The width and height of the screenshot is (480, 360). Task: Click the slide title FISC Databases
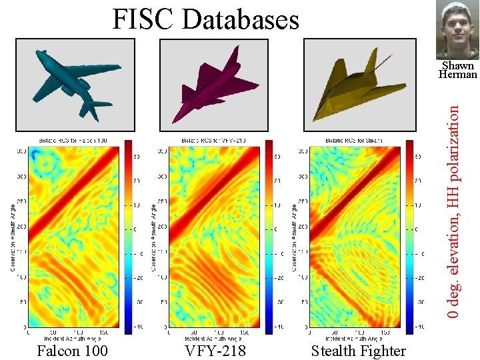click(205, 19)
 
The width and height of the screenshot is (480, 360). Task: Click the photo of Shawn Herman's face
click(457, 30)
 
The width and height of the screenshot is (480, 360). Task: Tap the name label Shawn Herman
click(457, 70)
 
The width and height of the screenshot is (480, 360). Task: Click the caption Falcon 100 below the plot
click(72, 350)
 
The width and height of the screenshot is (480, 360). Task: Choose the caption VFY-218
click(215, 350)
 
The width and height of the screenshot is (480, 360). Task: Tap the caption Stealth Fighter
click(358, 350)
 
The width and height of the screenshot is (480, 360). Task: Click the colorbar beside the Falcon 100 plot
click(127, 237)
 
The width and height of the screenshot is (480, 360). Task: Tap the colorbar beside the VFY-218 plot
click(269, 237)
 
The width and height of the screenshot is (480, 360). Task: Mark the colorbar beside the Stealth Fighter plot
click(410, 237)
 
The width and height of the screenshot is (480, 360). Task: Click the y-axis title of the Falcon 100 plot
click(13, 237)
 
